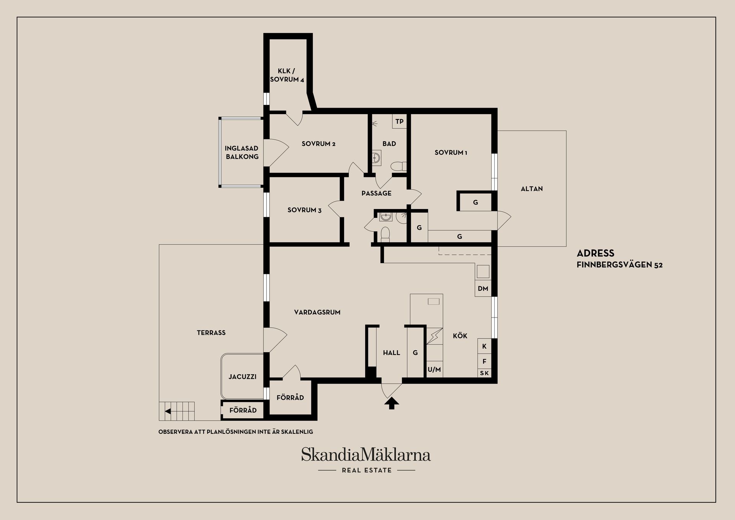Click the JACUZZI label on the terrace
coord(242,377)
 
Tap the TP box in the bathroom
coord(399,121)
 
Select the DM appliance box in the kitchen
coord(483,289)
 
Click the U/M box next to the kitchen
coord(434,370)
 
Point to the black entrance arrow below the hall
coord(392,403)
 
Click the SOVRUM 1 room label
coord(451,152)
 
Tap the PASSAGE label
coord(376,193)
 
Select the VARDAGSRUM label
coord(317,312)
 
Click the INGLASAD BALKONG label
coord(242,152)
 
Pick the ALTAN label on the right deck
coord(532,189)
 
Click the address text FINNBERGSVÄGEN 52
coord(619,265)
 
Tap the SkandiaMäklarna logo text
coord(366,455)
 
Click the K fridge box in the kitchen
coord(484,346)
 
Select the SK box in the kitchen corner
coord(484,373)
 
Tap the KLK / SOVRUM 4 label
coord(287,75)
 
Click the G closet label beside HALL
coord(415,353)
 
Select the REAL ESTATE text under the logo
coord(367,470)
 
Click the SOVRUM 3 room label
coord(304,210)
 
